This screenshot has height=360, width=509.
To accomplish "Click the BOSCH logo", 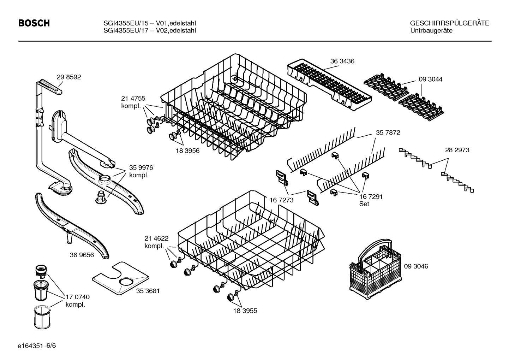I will (x=34, y=23).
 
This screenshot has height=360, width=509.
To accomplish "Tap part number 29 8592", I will (x=68, y=77).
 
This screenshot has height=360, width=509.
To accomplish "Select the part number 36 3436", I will (x=342, y=61).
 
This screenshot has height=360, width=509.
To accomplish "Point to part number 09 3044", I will (x=430, y=79).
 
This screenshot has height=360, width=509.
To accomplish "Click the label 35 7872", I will (x=388, y=133).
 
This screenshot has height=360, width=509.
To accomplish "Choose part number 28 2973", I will (x=457, y=150).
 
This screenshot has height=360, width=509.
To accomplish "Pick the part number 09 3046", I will (x=416, y=266).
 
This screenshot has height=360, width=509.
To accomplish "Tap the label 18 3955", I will (x=245, y=311).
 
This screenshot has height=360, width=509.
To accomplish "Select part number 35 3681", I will (x=148, y=291).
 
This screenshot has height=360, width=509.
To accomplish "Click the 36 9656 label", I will (x=82, y=255).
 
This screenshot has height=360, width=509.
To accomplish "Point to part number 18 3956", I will (x=187, y=151).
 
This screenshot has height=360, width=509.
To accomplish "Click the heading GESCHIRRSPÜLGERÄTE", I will (x=449, y=23).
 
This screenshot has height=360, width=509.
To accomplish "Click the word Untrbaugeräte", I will (x=431, y=31).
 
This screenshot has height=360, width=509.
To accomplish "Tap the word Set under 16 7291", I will (x=364, y=204).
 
